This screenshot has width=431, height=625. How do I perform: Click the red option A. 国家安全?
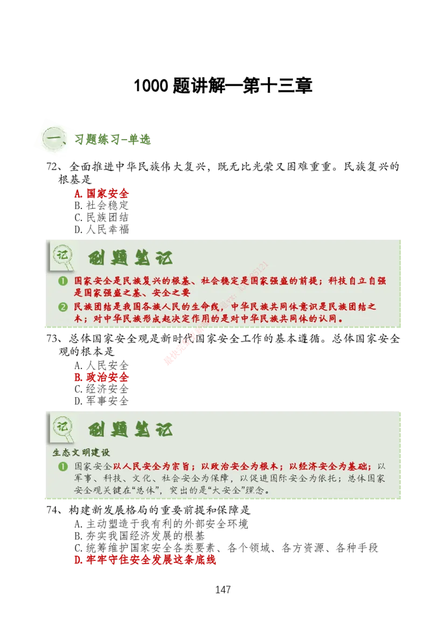pos(101,193)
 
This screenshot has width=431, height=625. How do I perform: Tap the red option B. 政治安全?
pos(101,377)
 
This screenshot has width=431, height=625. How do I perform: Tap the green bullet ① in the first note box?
pos(63,281)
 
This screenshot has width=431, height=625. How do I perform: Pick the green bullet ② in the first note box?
pos(63,307)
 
